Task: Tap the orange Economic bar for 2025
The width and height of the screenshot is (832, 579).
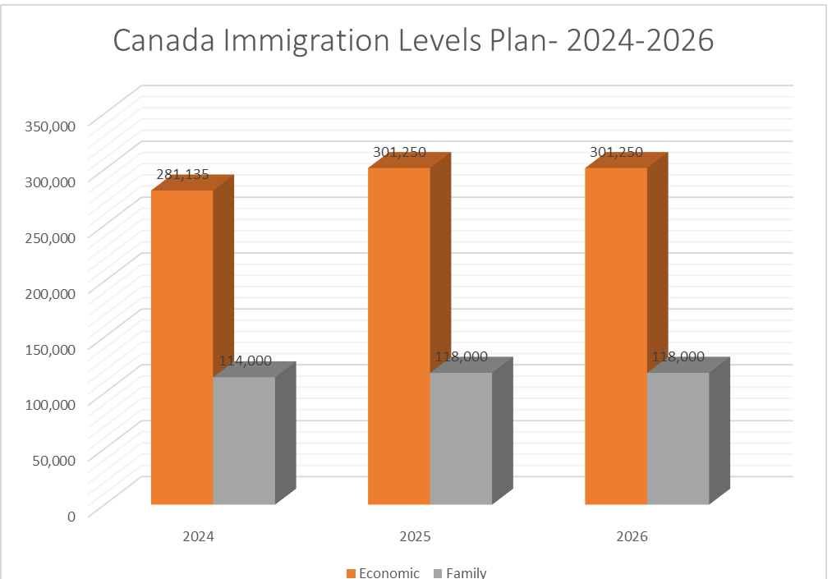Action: (x=399, y=336)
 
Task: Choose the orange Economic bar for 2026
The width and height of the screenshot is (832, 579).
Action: (x=616, y=336)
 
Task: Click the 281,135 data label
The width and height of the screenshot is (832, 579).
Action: (x=182, y=174)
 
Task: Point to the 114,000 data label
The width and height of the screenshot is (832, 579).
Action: (x=245, y=361)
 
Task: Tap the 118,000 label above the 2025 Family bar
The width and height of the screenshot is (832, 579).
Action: (x=461, y=356)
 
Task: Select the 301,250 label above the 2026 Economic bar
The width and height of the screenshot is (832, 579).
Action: (x=616, y=152)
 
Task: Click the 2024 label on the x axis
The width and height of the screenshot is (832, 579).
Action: (x=199, y=536)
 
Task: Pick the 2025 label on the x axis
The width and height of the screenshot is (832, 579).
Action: (x=415, y=536)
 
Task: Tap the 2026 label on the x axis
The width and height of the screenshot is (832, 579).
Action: (x=632, y=536)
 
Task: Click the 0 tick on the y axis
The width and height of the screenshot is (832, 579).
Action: (x=71, y=515)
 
